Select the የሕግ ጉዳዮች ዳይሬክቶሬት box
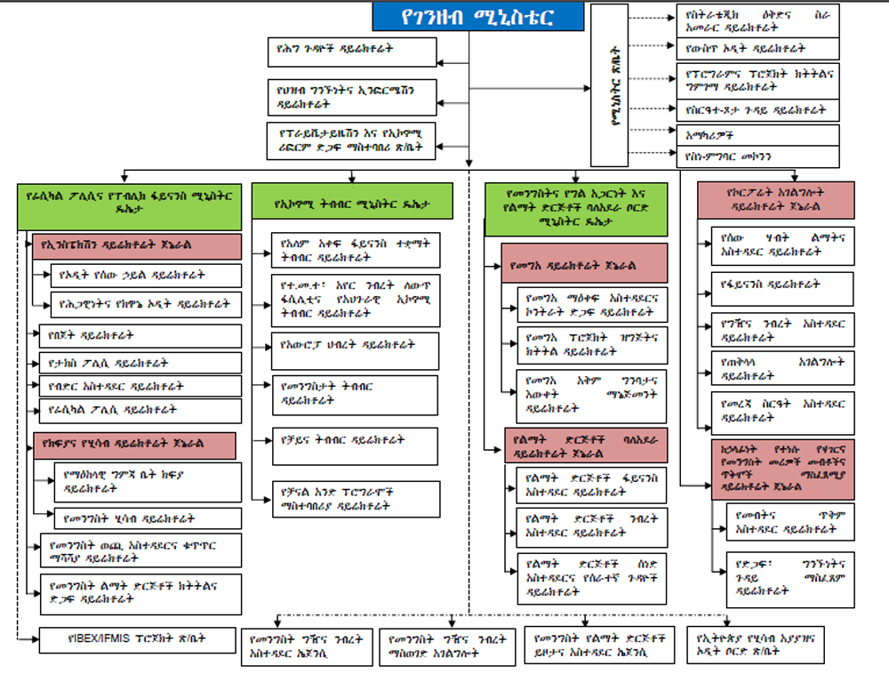[x=351, y=51]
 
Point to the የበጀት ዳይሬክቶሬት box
[x=140, y=335]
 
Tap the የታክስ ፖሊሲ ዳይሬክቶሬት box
[x=140, y=363]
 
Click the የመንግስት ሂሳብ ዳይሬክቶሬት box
[x=147, y=518]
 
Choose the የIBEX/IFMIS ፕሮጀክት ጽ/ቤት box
[x=139, y=638]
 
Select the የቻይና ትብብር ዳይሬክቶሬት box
[x=354, y=445]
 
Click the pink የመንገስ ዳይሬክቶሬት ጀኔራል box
[x=583, y=264]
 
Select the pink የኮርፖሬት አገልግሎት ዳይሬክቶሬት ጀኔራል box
[x=776, y=200]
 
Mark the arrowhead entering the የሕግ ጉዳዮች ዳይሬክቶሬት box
[x=440, y=63]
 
